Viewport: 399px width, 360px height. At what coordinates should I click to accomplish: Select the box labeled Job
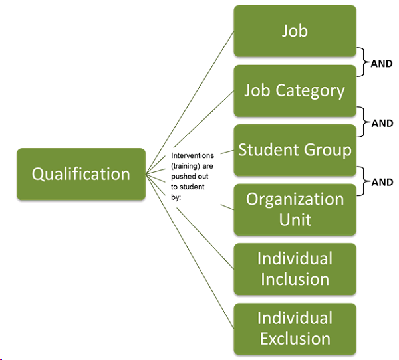point(295,31)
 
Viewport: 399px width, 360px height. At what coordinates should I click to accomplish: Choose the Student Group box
point(295,149)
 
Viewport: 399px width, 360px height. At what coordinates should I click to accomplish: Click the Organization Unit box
point(295,209)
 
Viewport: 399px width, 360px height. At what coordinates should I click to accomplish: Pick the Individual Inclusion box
point(295,268)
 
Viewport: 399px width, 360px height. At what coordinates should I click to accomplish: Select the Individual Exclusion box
point(295,328)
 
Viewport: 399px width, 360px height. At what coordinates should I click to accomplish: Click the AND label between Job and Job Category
point(382,64)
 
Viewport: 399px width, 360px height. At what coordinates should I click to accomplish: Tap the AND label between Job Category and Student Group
point(382,123)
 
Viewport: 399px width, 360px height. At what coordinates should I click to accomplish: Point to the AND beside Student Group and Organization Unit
point(382,182)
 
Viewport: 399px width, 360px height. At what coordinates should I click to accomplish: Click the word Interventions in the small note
point(193,154)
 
